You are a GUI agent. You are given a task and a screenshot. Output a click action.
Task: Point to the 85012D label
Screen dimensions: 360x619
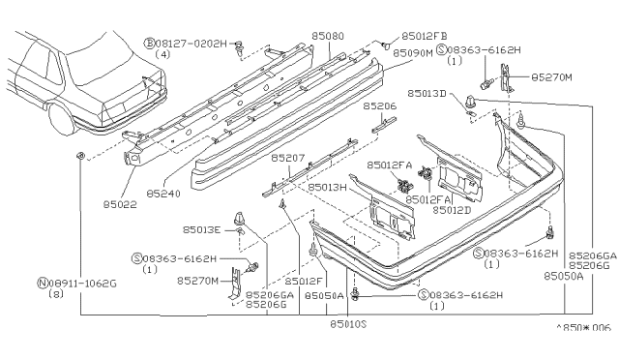click(452, 209)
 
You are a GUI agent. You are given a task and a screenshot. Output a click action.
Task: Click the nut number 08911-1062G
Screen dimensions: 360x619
click(83, 284)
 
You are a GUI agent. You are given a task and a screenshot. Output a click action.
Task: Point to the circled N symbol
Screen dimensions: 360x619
click(42, 284)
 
